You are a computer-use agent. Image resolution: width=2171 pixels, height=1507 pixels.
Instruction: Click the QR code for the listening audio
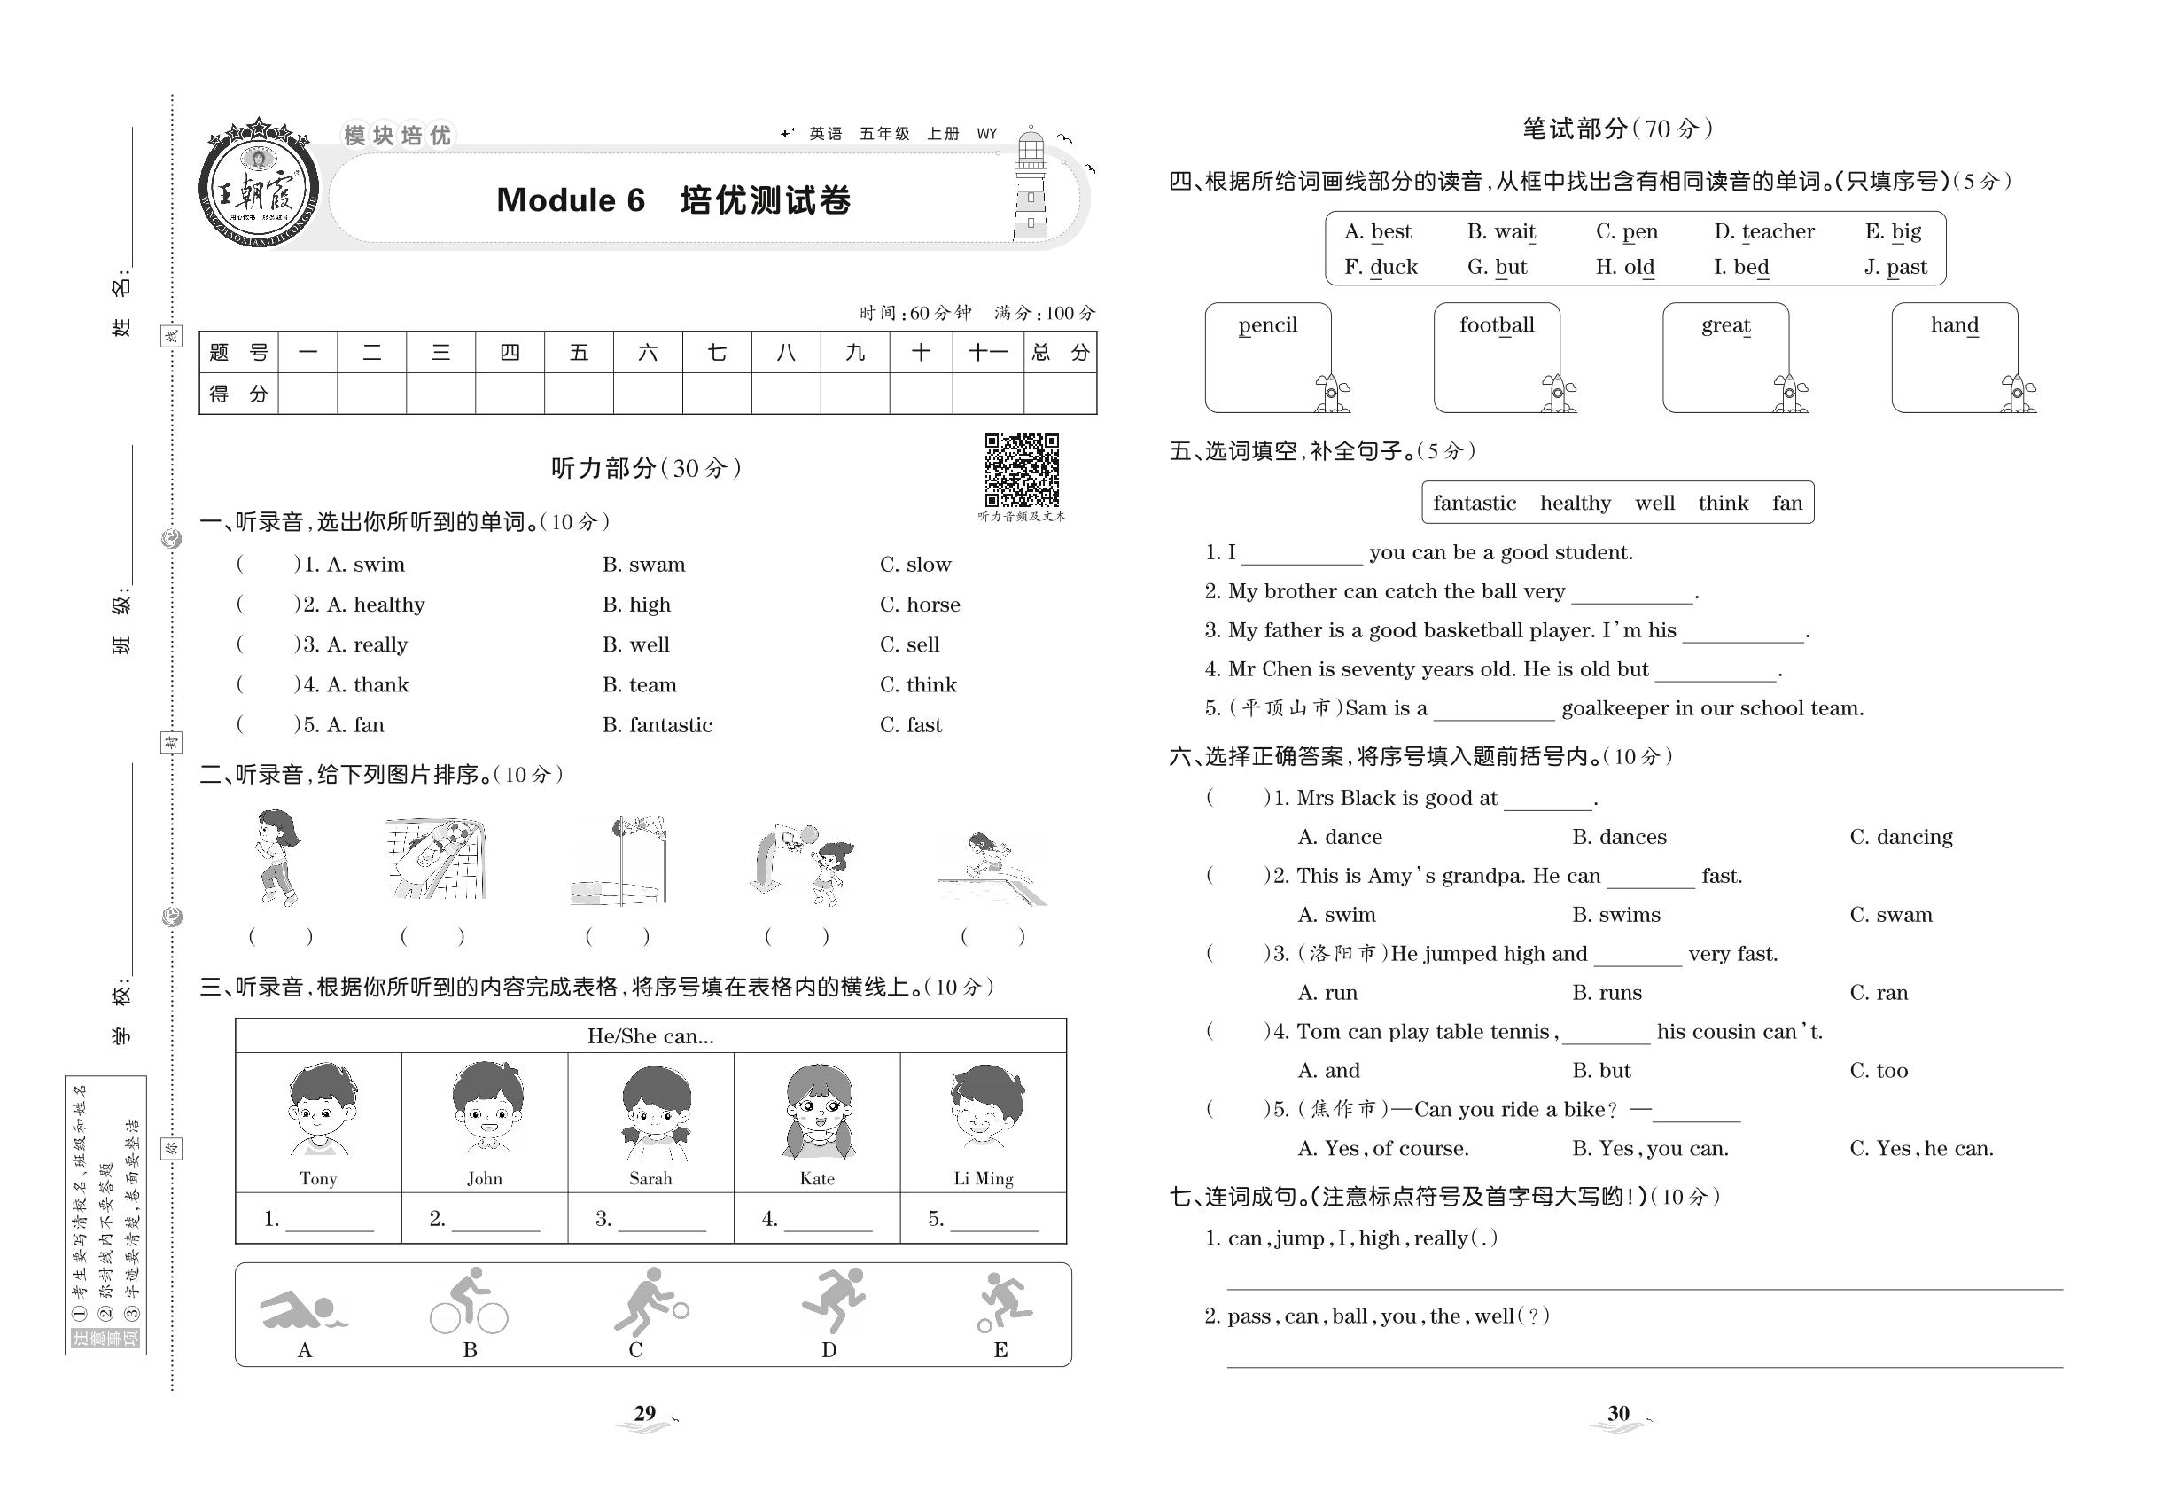[x=1022, y=470]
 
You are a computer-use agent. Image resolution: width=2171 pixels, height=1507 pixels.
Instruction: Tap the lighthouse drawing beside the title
[x=1031, y=186]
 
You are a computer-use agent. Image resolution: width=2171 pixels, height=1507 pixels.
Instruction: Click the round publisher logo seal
[x=258, y=186]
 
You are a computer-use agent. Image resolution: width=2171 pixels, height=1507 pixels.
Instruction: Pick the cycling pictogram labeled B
[x=469, y=1302]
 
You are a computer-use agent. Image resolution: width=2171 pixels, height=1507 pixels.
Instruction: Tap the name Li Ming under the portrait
[x=983, y=1178]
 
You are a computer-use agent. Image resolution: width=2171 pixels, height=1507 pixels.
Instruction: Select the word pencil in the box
[x=1268, y=325]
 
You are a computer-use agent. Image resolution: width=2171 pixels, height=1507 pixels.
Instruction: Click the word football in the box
[x=1496, y=325]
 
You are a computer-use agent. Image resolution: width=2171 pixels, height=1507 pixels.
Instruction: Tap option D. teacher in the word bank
[x=1763, y=232]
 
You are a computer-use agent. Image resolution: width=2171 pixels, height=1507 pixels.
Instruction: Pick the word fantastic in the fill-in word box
[x=1474, y=504]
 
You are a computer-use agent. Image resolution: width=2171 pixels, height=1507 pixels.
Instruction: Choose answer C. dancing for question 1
[x=1900, y=837]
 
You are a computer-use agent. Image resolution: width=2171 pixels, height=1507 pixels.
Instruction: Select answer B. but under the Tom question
[x=1601, y=1071]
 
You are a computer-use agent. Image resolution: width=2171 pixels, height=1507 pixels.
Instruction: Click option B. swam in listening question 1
[x=643, y=565]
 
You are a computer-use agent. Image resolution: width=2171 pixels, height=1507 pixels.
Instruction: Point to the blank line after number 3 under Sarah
[x=661, y=1220]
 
